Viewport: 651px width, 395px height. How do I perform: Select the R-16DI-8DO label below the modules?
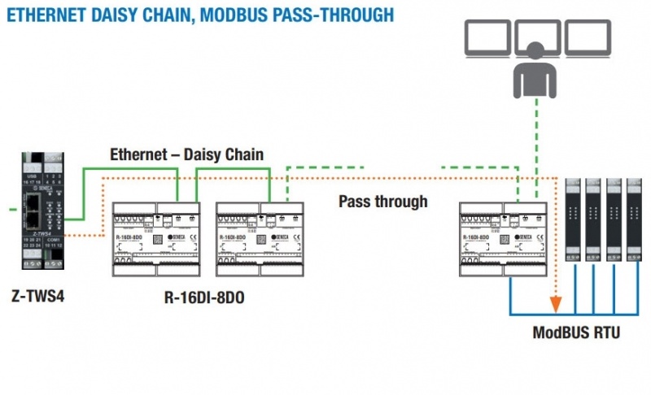204,299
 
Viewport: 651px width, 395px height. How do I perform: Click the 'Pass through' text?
383,201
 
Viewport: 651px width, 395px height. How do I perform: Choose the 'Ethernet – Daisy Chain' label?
187,154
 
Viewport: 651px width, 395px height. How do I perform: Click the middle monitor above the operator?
538,33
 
